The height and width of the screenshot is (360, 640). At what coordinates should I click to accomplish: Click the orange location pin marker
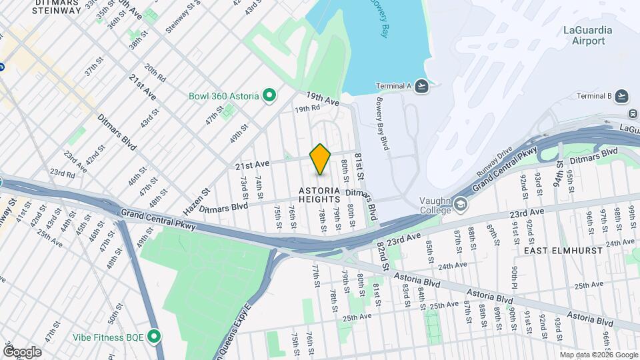click(321, 159)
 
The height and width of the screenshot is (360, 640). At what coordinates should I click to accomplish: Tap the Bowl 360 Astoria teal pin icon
click(269, 96)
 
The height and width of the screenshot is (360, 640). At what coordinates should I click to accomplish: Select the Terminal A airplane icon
click(421, 85)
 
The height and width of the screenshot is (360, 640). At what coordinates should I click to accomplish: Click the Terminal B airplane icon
click(621, 95)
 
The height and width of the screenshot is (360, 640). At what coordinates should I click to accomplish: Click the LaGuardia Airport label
click(584, 35)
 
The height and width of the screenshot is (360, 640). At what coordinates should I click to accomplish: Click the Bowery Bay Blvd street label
click(381, 125)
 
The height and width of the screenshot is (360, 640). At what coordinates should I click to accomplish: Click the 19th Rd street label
click(308, 108)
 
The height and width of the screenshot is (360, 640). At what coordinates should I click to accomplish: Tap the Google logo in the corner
click(22, 352)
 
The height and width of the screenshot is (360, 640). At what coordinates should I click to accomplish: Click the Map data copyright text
click(598, 355)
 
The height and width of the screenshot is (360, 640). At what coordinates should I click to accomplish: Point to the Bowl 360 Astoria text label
click(223, 96)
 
